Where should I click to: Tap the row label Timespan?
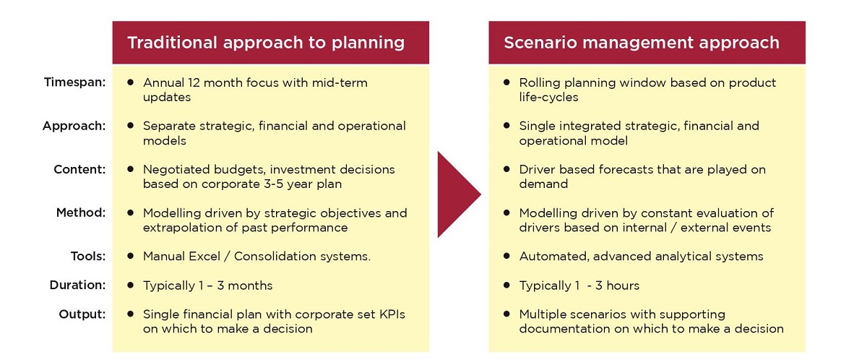74,82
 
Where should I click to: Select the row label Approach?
74,127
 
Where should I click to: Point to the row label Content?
79,170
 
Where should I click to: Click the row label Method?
80,213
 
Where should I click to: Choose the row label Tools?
88,256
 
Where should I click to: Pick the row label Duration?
77,286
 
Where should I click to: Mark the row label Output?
82,314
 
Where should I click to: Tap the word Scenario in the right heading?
540,43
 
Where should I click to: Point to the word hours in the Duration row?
623,286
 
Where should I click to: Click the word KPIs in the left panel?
392,314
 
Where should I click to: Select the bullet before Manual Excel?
131,256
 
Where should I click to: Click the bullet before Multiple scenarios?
506,314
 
